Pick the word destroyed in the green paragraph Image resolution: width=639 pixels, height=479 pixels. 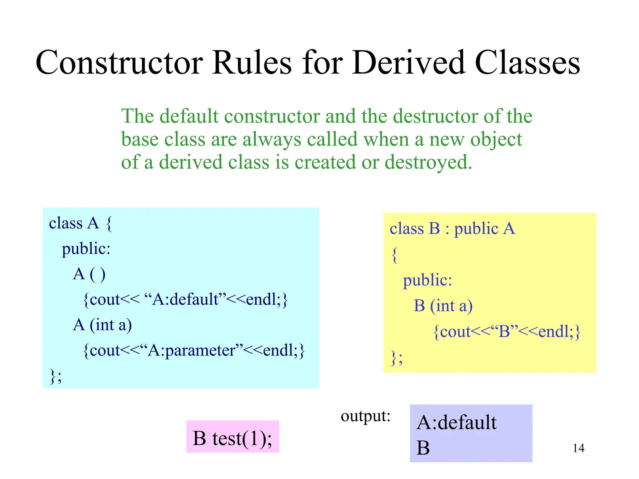tap(428, 162)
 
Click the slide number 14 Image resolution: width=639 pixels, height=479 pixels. tap(578, 448)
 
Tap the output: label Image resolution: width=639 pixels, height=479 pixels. tap(365, 416)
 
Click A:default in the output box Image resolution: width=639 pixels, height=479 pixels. tap(456, 422)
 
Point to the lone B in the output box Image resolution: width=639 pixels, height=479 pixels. tap(423, 448)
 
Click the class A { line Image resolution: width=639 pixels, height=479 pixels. tap(80, 223)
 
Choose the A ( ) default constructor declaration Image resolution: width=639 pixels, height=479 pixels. tap(89, 274)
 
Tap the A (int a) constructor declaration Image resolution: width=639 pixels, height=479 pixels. tap(102, 325)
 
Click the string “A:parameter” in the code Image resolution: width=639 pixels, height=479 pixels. tap(191, 350)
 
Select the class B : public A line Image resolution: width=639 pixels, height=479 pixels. tap(452, 229)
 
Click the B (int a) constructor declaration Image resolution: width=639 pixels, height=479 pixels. tap(443, 306)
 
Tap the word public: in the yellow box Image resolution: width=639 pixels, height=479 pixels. tap(427, 280)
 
